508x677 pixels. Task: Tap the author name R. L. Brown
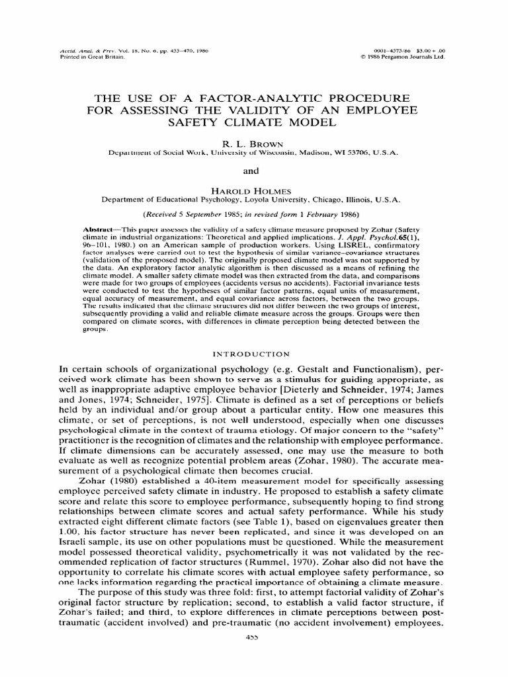click(253, 142)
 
